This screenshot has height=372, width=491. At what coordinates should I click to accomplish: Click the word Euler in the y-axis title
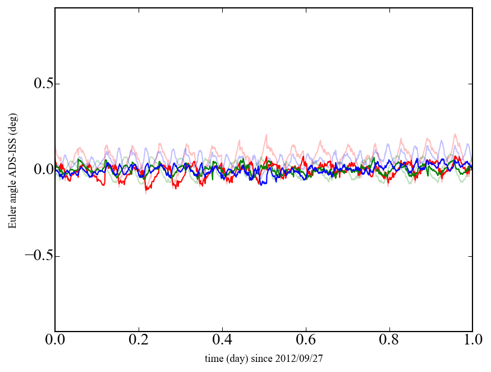pos(12,218)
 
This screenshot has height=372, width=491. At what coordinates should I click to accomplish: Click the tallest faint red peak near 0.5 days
pos(266,135)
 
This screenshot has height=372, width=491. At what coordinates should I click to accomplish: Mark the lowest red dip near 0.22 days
pos(146,192)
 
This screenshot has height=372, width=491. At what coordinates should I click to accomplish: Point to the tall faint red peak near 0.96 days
pos(455,134)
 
